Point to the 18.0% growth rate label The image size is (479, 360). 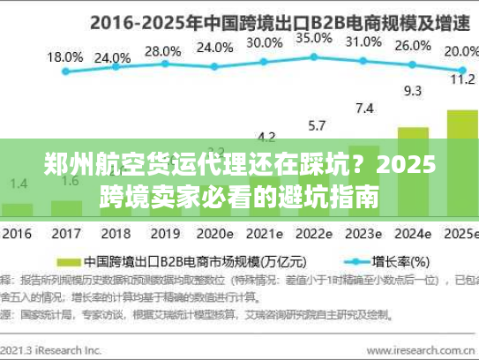[x=64, y=56]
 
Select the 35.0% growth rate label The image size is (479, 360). [x=313, y=38]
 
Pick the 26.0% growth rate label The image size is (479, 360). [x=413, y=46]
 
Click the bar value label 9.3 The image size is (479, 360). [x=412, y=90]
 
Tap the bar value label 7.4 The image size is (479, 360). [x=363, y=108]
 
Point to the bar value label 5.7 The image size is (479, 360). [x=314, y=124]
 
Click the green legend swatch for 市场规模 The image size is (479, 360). [x=67, y=262]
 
